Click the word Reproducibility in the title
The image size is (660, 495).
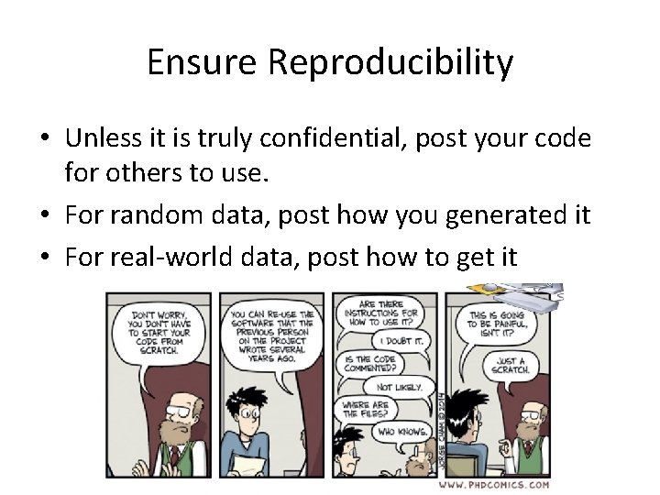click(x=390, y=62)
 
